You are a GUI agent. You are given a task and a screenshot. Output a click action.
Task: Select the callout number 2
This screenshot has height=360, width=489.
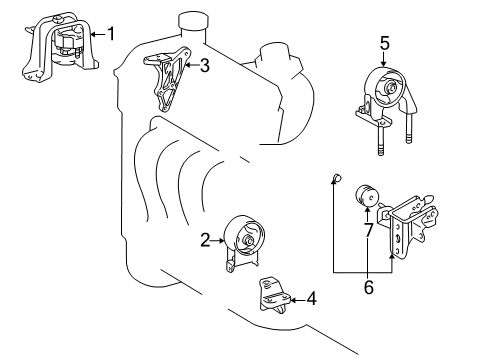pos(204,240)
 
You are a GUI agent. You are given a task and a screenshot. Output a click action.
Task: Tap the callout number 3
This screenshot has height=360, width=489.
pos(204,67)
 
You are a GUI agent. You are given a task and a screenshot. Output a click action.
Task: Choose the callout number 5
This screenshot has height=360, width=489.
pos(384,42)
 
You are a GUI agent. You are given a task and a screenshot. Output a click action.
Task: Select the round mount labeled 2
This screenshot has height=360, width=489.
pos(244,242)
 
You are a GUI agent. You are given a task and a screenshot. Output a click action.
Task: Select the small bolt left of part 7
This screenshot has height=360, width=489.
pos(337,180)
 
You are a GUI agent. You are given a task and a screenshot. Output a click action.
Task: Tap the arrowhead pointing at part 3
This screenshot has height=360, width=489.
pos(189,67)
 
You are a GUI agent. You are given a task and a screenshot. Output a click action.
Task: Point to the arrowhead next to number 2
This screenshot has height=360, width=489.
pos(221,240)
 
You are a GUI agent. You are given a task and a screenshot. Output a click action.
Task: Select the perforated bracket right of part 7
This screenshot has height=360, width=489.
pos(410,225)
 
